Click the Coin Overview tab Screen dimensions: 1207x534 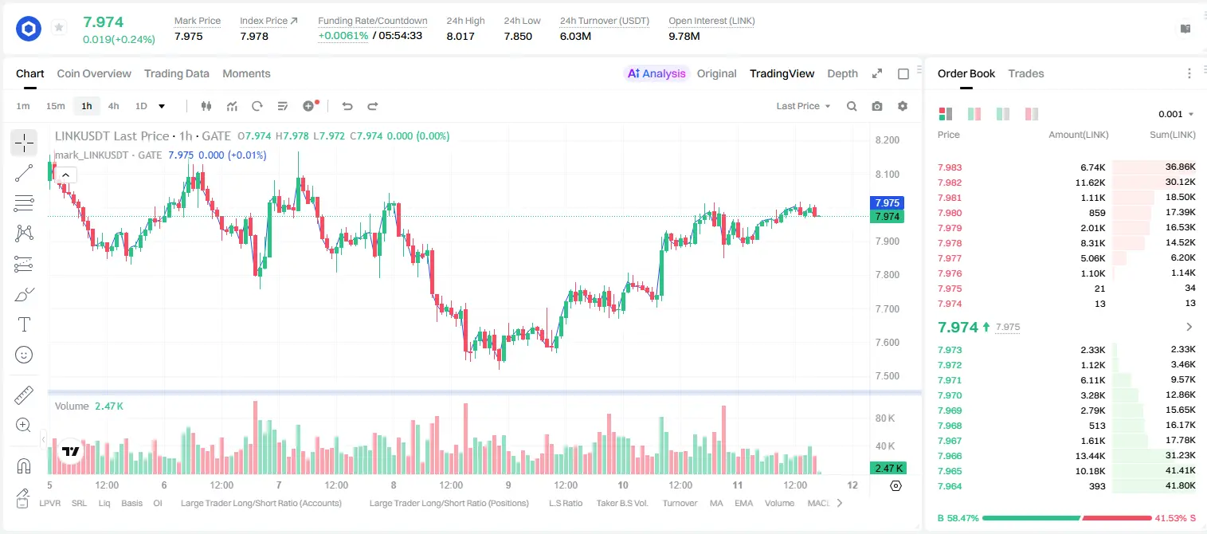click(94, 73)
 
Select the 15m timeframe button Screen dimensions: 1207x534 click(55, 106)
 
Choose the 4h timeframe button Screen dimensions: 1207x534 click(113, 106)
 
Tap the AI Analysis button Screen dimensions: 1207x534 click(656, 73)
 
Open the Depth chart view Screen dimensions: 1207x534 click(842, 73)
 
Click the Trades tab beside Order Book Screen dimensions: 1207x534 click(1026, 73)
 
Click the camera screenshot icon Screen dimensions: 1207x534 click(876, 106)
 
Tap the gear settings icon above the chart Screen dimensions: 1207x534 click(903, 106)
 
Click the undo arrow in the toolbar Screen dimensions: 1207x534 click(347, 106)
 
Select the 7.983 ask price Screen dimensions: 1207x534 click(950, 167)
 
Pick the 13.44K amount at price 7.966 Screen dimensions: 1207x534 click(1090, 456)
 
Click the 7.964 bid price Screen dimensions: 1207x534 click(950, 486)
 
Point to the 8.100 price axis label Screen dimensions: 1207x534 click(888, 174)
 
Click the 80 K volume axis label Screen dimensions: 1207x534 click(885, 418)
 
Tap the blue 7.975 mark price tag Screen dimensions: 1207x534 click(887, 202)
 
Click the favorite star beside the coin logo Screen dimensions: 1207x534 click(59, 27)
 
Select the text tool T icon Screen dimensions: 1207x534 click(24, 324)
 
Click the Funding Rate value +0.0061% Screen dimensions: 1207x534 click(343, 36)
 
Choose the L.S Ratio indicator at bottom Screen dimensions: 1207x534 click(565, 503)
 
